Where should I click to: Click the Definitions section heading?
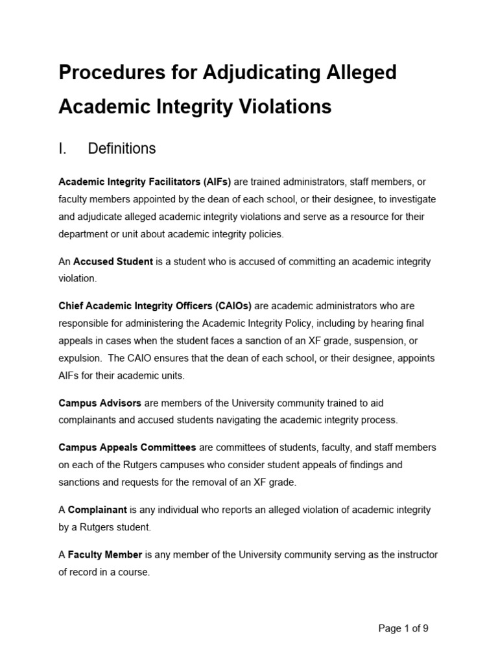click(x=122, y=148)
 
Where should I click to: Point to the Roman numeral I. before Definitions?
click(x=63, y=148)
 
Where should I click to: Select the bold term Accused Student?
click(x=113, y=261)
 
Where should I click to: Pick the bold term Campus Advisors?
click(x=100, y=403)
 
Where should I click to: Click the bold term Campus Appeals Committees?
click(x=127, y=447)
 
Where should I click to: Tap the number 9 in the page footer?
click(x=425, y=628)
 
